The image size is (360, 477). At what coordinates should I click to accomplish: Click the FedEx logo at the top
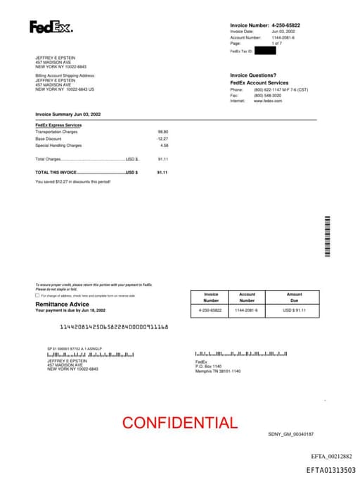coord(51,27)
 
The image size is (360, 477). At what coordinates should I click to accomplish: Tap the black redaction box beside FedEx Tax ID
coord(265,51)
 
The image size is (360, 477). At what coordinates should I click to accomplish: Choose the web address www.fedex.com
coord(268,101)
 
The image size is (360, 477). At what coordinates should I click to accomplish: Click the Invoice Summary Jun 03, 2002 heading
coord(68,114)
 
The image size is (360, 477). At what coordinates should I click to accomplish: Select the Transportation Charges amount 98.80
coord(162,132)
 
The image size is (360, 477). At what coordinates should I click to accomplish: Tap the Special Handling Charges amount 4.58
coord(164,146)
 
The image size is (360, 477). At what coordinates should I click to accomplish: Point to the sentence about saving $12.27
coord(72,182)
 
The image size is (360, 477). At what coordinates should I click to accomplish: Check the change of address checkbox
coord(37,295)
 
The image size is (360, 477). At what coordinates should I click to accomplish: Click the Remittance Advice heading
coord(62,304)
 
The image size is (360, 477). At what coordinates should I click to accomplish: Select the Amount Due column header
coord(294,297)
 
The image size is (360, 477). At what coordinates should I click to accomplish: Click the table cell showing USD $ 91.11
coord(294,310)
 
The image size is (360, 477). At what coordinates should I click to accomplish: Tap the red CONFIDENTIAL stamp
coord(180,423)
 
